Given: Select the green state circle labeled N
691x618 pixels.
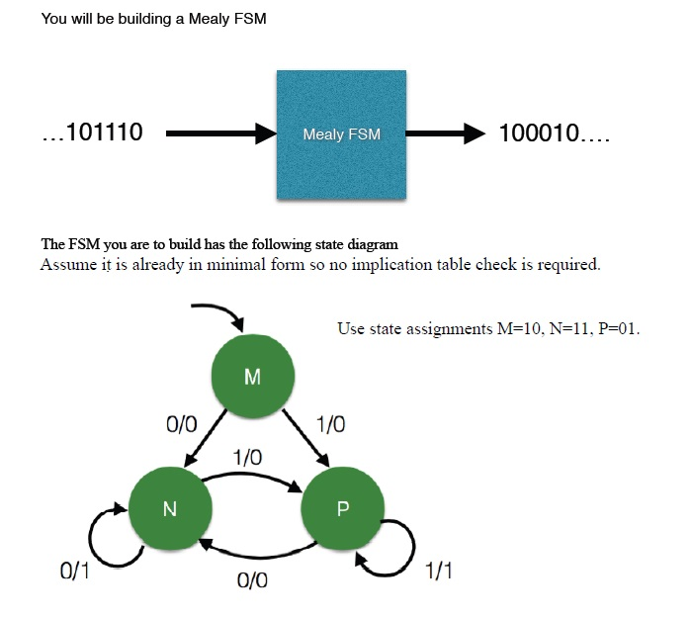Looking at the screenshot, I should tap(170, 508).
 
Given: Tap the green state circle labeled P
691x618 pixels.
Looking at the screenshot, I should tap(342, 508).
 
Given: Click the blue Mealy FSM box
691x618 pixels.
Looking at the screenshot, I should tap(341, 134).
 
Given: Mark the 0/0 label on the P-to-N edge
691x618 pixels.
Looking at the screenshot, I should tap(252, 580).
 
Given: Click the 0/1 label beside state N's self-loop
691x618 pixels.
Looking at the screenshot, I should tap(75, 572).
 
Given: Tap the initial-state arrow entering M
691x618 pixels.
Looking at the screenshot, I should tap(217, 314).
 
